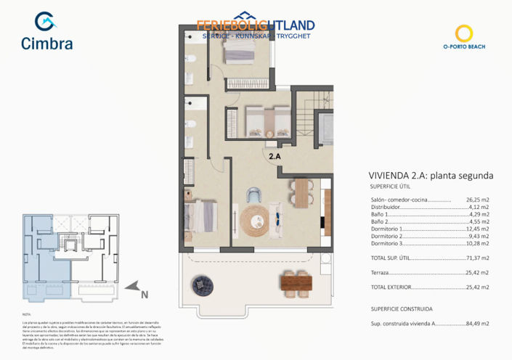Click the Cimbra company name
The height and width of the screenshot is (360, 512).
coord(46,44)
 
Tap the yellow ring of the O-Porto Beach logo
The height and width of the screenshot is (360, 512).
coord(463,32)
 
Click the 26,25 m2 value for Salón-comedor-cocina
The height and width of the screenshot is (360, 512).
coord(477,200)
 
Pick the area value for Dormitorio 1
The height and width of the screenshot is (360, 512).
coord(476,229)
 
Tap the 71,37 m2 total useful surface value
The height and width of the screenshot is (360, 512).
coord(476,258)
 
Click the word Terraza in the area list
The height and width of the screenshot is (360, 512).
coord(379,272)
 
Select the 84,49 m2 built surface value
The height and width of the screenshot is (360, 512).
coord(476,324)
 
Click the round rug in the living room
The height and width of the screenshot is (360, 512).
coord(254,218)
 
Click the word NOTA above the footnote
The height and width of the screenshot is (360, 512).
coord(27,314)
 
